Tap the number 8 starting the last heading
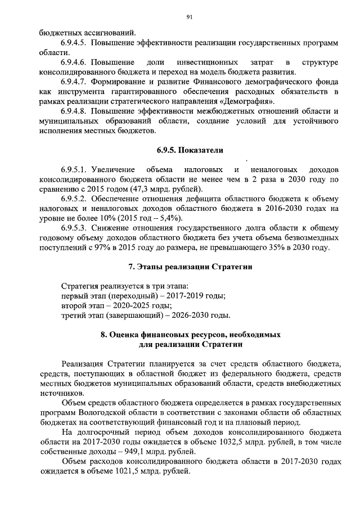[103, 334]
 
